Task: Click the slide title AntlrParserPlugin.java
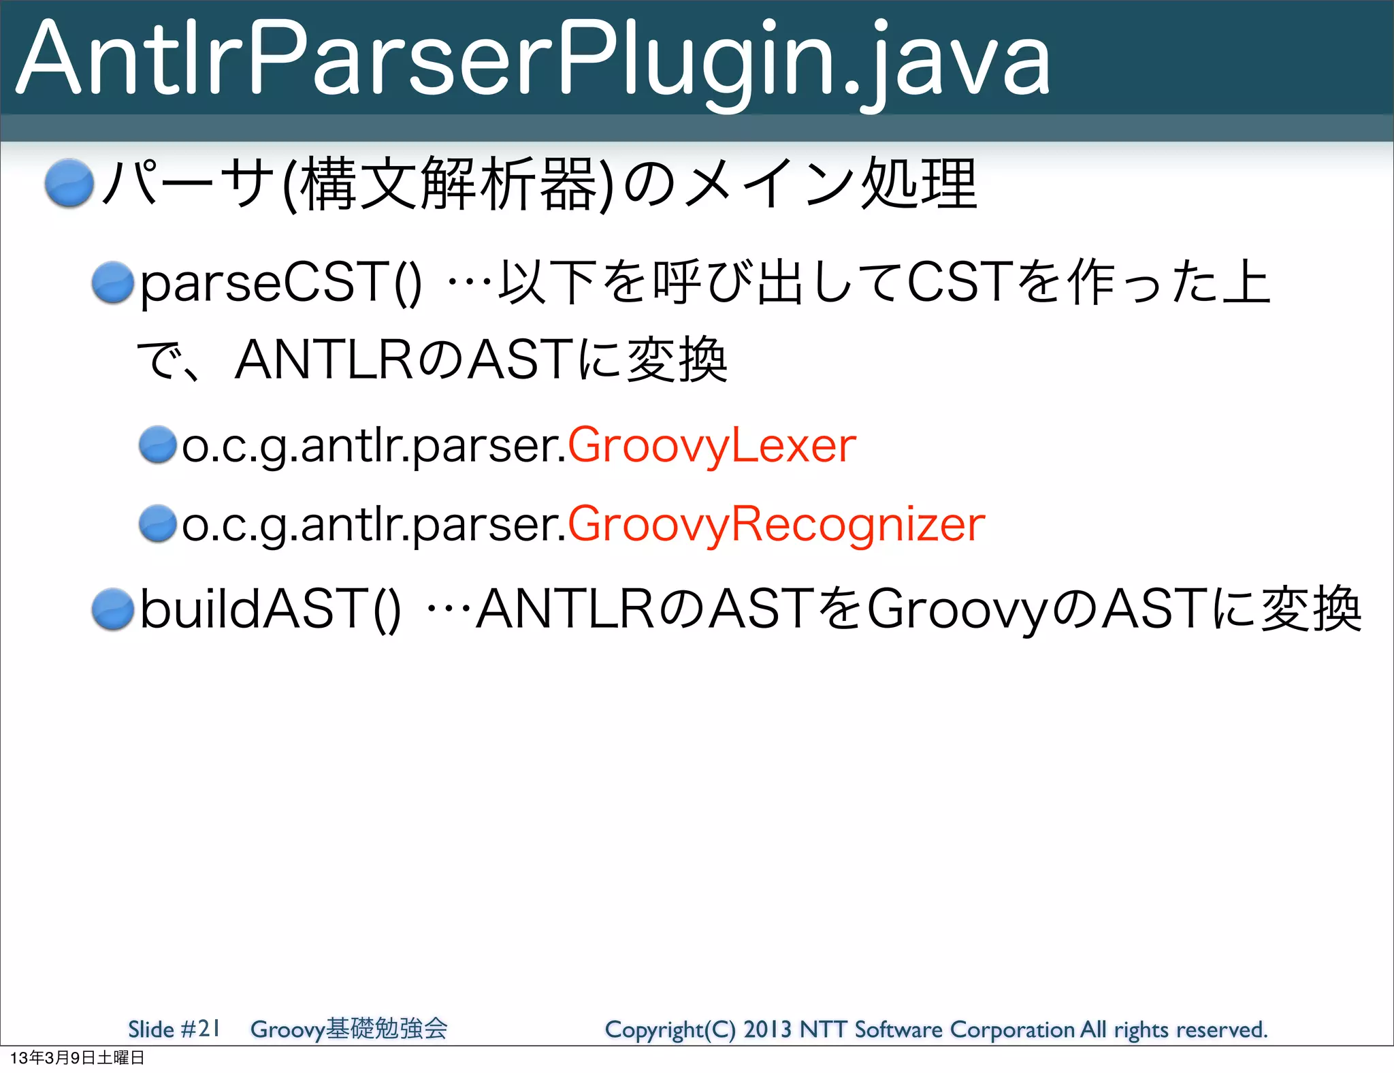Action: (x=533, y=60)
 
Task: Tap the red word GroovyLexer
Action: (x=711, y=446)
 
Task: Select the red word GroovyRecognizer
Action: (x=776, y=524)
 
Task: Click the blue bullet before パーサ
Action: (x=69, y=182)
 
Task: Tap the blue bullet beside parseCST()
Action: (x=113, y=283)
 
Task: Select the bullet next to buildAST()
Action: (x=113, y=609)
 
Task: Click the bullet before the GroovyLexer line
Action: (x=158, y=445)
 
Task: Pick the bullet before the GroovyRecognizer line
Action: (x=158, y=524)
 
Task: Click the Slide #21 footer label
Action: (x=174, y=1029)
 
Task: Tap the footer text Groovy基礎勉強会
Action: (x=348, y=1029)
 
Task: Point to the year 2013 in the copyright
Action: (x=767, y=1029)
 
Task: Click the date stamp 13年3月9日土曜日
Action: (x=77, y=1058)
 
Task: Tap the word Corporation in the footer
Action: (x=1012, y=1029)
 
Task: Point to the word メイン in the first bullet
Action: (x=769, y=184)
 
